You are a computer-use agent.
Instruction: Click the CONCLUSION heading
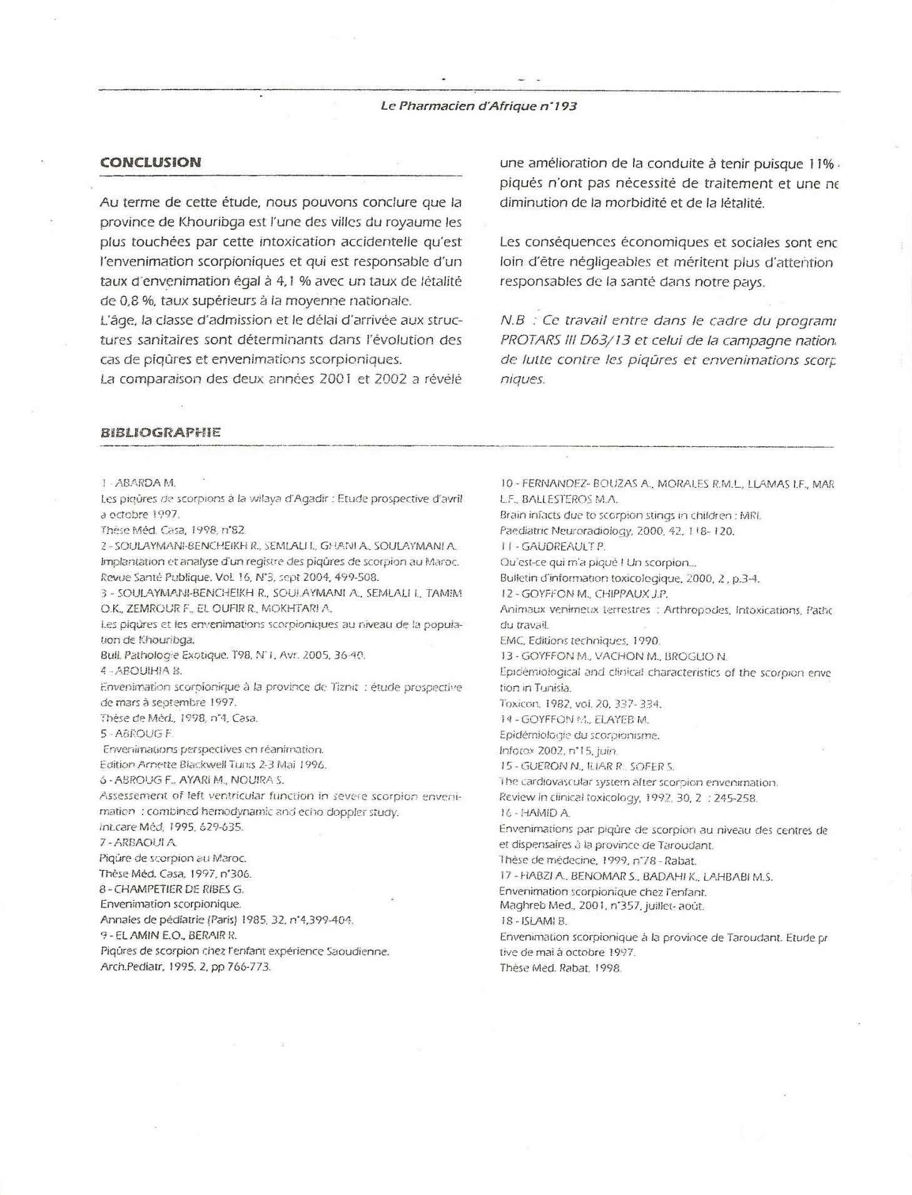click(151, 162)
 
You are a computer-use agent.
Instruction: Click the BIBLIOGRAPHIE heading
click(160, 432)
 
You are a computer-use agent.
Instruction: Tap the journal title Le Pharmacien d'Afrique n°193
click(479, 106)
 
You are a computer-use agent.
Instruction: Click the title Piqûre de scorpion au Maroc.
click(173, 858)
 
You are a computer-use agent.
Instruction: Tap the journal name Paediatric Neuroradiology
click(560, 531)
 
